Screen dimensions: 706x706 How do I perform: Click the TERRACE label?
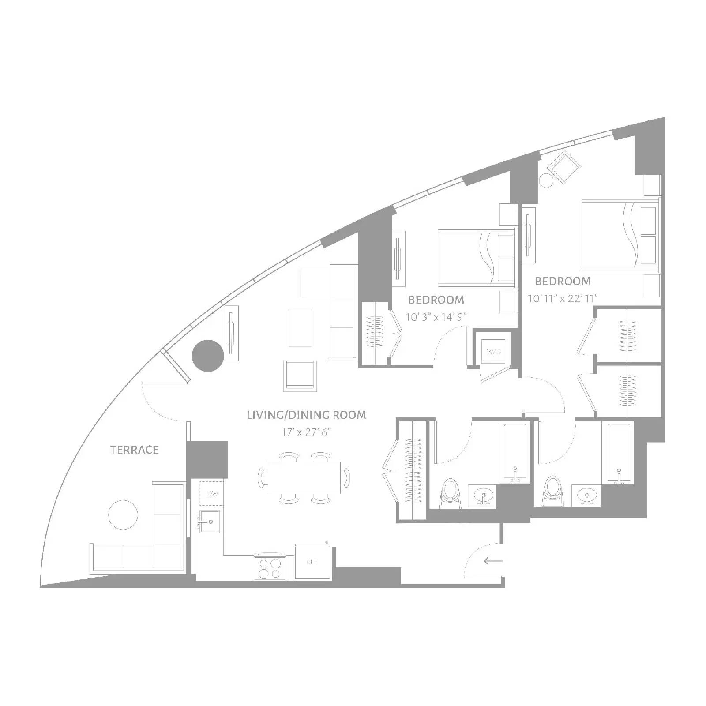[x=134, y=450]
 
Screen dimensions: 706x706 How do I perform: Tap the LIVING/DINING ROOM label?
[x=306, y=415]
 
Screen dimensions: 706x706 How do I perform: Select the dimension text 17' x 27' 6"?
[x=306, y=432]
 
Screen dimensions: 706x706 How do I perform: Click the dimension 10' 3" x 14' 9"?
[x=436, y=317]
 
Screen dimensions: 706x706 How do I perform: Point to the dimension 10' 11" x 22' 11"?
[x=563, y=299]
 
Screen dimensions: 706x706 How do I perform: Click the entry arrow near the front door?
[x=493, y=561]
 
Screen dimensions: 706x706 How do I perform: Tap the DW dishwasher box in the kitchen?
[x=212, y=493]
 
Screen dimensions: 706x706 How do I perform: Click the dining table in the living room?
[x=304, y=478]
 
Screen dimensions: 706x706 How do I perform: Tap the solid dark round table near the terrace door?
[x=208, y=356]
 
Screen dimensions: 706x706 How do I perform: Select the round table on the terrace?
[x=123, y=514]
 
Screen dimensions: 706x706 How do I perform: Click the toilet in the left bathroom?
[x=450, y=492]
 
